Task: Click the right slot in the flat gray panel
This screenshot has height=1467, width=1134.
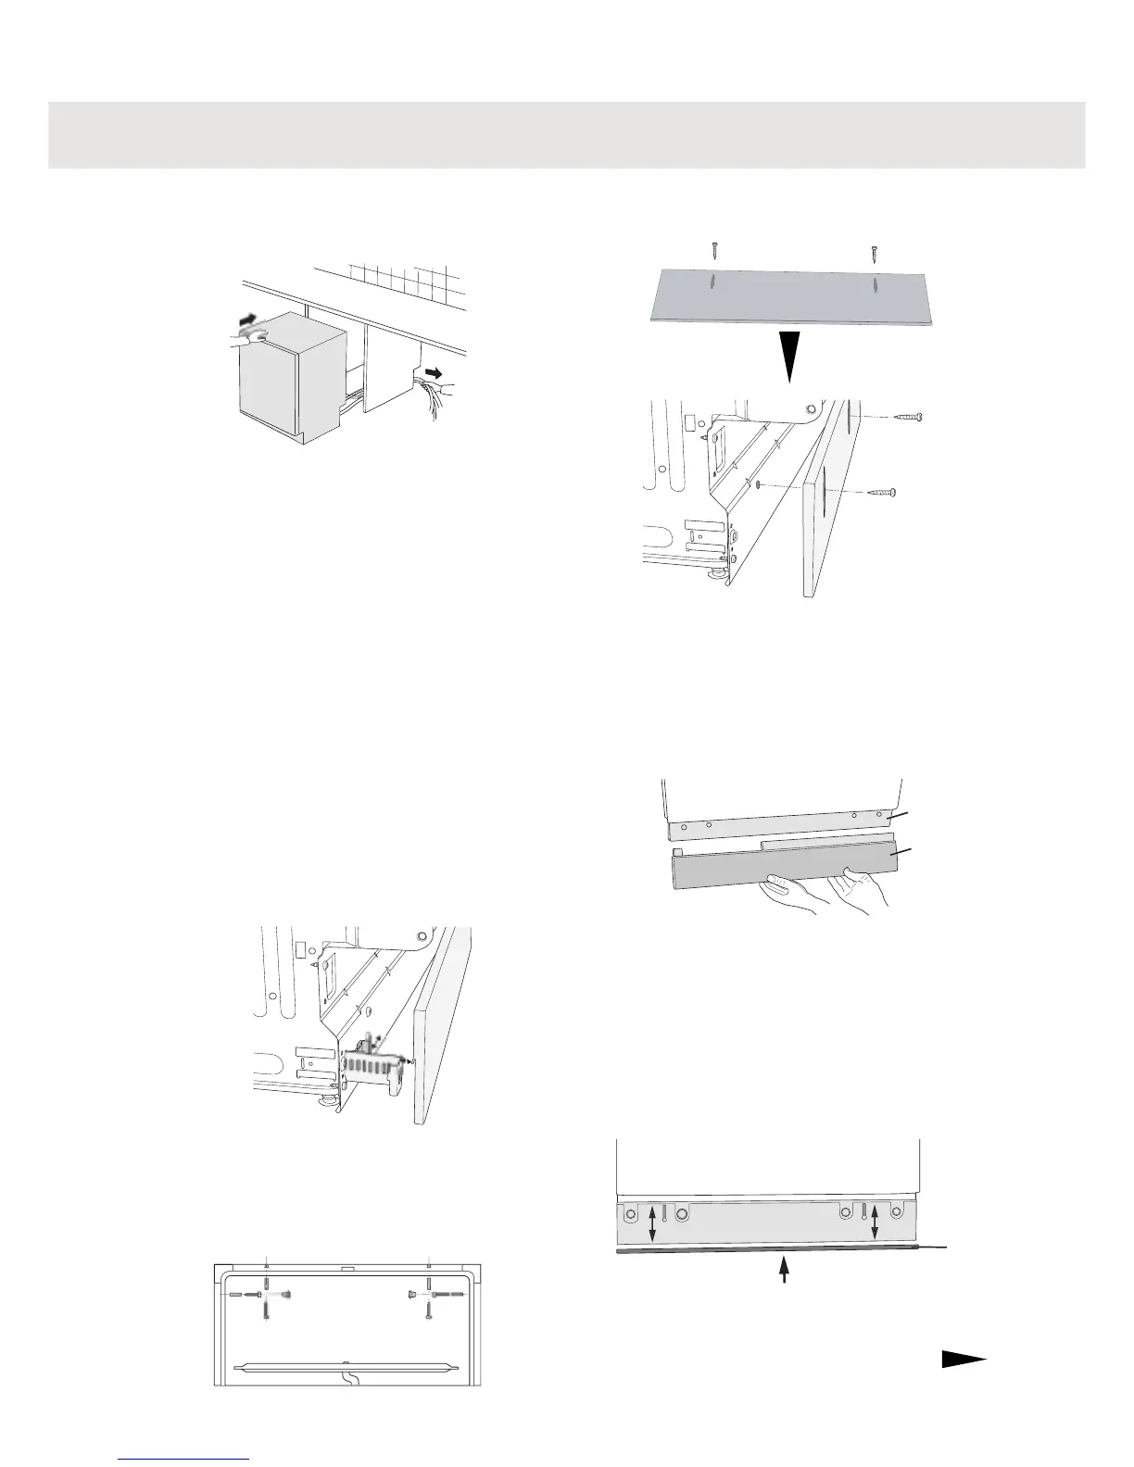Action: pyautogui.click(x=875, y=283)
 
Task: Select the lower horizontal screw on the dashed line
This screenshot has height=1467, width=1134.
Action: pyautogui.click(x=883, y=494)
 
